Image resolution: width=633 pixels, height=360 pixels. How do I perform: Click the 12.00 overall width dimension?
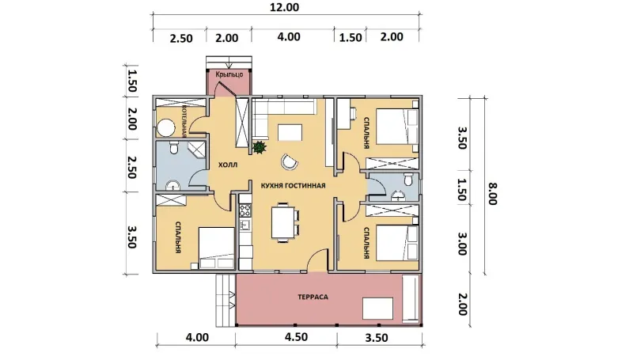click(284, 7)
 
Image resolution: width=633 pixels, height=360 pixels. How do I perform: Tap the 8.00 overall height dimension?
click(492, 194)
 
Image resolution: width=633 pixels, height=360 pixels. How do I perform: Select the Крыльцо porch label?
click(229, 74)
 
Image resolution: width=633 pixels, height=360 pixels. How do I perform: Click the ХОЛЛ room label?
click(228, 165)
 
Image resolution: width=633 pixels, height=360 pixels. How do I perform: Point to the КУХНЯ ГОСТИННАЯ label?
click(293, 186)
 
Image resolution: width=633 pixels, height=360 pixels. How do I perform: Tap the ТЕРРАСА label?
click(313, 297)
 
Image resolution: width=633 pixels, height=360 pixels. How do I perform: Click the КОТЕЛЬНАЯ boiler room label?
click(184, 122)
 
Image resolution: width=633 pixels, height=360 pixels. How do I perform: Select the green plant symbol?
click(260, 146)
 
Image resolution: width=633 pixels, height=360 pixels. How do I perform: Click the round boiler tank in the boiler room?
click(165, 128)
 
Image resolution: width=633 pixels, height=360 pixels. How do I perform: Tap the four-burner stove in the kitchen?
click(245, 210)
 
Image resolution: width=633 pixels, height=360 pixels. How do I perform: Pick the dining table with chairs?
click(286, 222)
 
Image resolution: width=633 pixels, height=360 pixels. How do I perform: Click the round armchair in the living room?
click(290, 162)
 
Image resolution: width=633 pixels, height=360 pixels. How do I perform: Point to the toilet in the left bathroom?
click(174, 148)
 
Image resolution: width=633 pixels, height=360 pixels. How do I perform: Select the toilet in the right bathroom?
click(407, 179)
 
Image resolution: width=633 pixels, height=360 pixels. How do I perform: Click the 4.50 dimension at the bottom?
click(296, 336)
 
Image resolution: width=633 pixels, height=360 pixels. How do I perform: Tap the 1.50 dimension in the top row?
click(350, 37)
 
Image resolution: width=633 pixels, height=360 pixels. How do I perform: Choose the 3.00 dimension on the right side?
click(462, 244)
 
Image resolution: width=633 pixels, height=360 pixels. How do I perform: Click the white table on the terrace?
click(377, 309)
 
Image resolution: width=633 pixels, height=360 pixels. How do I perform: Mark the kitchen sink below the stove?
click(244, 224)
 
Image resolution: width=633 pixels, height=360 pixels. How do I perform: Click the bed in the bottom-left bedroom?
click(216, 248)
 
